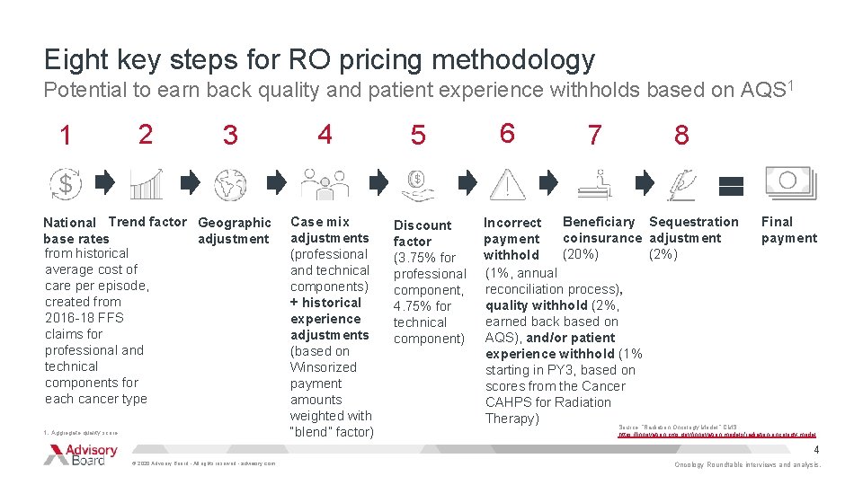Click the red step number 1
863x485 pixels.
[65, 136]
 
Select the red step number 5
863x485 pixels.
[418, 136]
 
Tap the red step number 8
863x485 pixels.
[681, 136]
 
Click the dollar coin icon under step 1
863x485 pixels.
[65, 183]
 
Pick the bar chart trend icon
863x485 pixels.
[146, 183]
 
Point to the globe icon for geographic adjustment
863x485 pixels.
[230, 183]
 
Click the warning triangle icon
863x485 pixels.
[509, 183]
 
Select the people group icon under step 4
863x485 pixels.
[325, 183]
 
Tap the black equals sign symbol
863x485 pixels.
[731, 185]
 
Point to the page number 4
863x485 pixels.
[816, 449]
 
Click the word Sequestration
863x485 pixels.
[693, 222]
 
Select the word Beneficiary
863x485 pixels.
[599, 222]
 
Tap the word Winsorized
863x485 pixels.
[323, 367]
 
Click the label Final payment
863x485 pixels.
[788, 230]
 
